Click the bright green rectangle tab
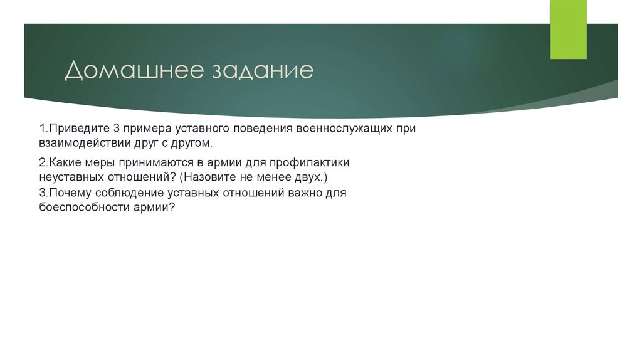pos(568,29)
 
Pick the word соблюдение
pos(128,193)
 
